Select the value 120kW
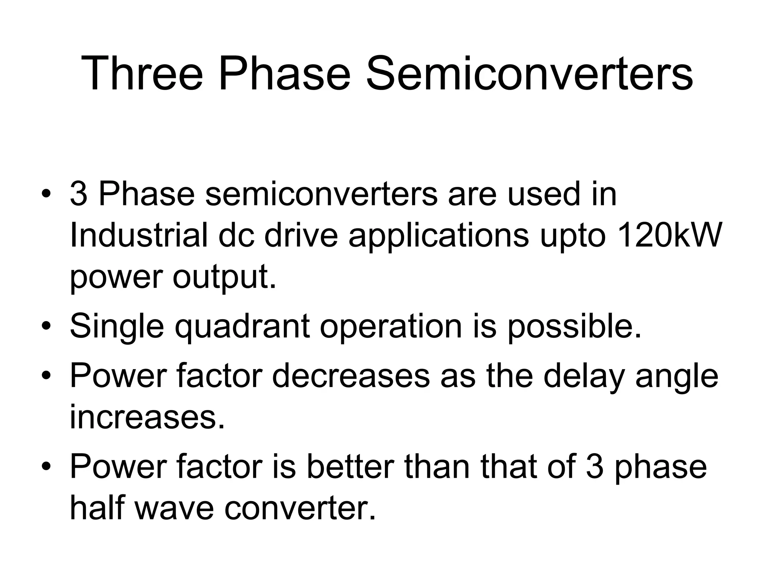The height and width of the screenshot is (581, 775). click(669, 235)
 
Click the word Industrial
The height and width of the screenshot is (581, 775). click(139, 235)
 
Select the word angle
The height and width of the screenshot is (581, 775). click(677, 377)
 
